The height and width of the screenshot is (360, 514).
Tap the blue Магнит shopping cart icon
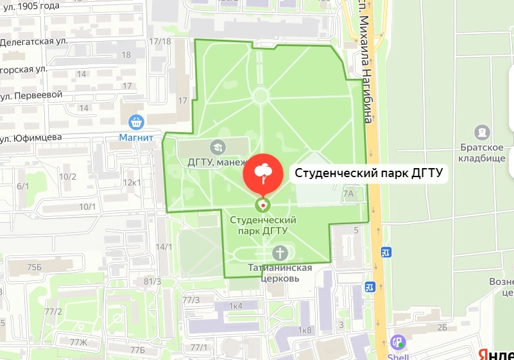pos(136,121)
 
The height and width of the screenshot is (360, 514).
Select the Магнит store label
pos(136,137)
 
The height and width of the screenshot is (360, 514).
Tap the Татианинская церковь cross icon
pos(279,252)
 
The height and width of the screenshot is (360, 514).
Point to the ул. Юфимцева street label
pos(31,137)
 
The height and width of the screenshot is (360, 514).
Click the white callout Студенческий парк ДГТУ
pos(368,173)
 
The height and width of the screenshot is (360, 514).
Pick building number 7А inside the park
pos(348,193)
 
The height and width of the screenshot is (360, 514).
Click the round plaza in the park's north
pos(261,96)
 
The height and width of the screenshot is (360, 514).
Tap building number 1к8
pos(304,330)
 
